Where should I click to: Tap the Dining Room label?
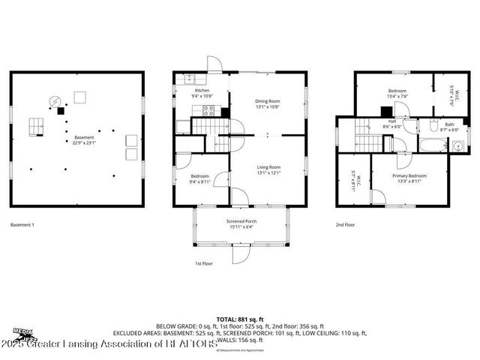pos(268,103)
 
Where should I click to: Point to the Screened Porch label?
pos(241,223)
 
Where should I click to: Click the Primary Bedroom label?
pos(410,178)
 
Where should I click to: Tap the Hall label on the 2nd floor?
pos(391,124)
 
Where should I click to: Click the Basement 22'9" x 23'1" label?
pos(84,139)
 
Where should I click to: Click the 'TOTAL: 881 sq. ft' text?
pos(240,318)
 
